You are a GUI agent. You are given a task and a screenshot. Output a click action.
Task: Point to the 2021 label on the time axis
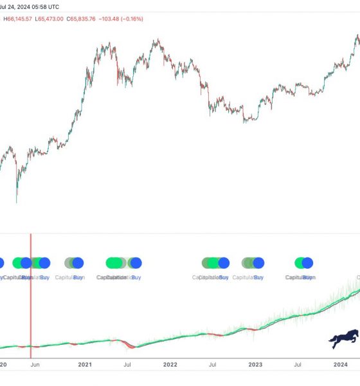tap(85, 364)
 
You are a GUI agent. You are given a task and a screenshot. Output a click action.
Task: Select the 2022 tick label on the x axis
tap(170, 364)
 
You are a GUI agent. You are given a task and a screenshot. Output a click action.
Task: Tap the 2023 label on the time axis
tap(255, 364)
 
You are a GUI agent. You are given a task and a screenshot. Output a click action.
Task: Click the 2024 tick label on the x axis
tap(341, 364)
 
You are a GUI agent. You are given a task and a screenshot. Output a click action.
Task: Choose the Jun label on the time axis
tap(35, 364)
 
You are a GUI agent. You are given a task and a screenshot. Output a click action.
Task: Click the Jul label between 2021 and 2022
tap(127, 364)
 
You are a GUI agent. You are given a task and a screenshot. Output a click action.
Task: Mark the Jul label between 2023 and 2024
tap(298, 364)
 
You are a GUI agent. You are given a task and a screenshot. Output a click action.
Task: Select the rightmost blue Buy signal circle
tap(307, 262)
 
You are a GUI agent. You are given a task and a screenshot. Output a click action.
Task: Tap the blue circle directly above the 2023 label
tap(258, 262)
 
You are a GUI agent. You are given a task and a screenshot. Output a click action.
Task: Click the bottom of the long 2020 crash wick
tap(17, 202)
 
